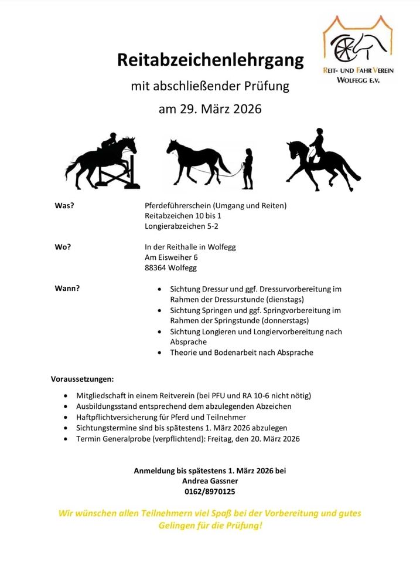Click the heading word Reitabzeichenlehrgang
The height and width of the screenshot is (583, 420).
pyautogui.click(x=210, y=60)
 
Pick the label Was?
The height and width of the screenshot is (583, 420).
pyautogui.click(x=64, y=205)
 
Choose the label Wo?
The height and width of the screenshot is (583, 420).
pyautogui.click(x=63, y=247)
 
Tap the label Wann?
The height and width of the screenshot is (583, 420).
pyautogui.click(x=67, y=289)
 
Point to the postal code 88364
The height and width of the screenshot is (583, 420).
pyautogui.click(x=155, y=267)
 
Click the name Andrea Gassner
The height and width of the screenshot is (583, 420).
pyautogui.click(x=210, y=481)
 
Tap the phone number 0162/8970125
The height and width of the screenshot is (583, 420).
pyautogui.click(x=210, y=492)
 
